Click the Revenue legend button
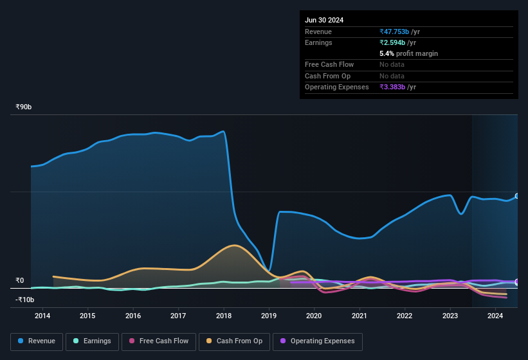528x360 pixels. pyautogui.click(x=37, y=341)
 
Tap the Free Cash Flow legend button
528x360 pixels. pyautogui.click(x=159, y=341)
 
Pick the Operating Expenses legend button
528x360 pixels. pyautogui.click(x=318, y=341)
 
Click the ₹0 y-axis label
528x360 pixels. pyautogui.click(x=19, y=280)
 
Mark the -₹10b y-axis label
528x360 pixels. pyautogui.click(x=24, y=300)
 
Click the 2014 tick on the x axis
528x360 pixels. pyautogui.click(x=42, y=316)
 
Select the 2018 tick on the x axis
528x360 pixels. pyautogui.click(x=224, y=316)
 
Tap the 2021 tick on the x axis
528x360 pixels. pyautogui.click(x=360, y=316)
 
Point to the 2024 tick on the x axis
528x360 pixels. pyautogui.click(x=495, y=316)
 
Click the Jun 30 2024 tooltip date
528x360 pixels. pyautogui.click(x=324, y=20)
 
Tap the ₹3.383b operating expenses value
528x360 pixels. pyautogui.click(x=394, y=87)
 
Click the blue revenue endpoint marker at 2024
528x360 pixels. pyautogui.click(x=517, y=196)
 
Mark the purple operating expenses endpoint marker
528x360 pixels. pyautogui.click(x=517, y=282)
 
